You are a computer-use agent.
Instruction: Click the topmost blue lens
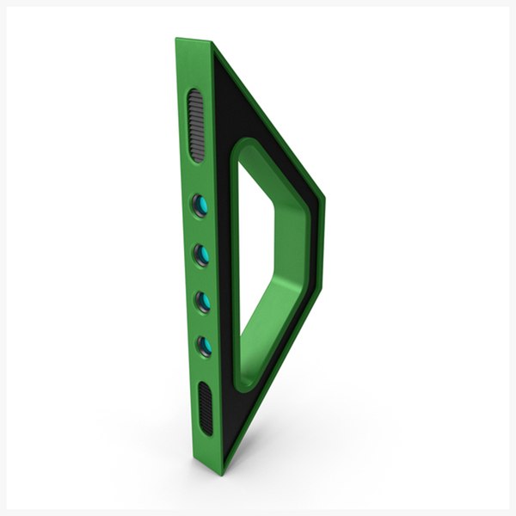[x=200, y=205]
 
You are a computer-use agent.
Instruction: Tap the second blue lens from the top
[x=202, y=255]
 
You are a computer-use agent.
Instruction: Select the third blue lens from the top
[x=204, y=301]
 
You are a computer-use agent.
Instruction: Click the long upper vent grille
[x=196, y=126]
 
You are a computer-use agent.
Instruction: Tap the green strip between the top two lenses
[x=200, y=230]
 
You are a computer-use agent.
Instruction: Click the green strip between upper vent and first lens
[x=198, y=178]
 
